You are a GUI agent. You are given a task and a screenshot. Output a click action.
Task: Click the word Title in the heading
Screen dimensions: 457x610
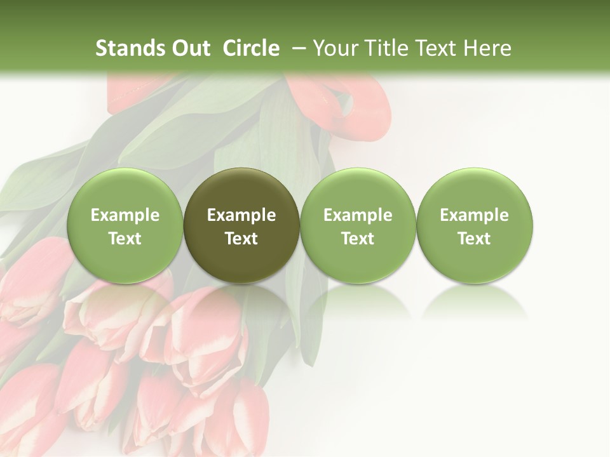tap(383, 48)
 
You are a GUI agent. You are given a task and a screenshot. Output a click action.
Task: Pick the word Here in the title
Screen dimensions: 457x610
tap(488, 48)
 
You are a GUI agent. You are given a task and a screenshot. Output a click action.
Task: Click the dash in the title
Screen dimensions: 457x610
tap(299, 48)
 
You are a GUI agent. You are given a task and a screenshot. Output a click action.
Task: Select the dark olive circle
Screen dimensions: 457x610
tap(241, 226)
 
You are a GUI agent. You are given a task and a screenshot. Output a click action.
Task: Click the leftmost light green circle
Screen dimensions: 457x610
tap(125, 226)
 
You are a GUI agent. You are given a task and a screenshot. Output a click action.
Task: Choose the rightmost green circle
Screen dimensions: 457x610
tap(475, 226)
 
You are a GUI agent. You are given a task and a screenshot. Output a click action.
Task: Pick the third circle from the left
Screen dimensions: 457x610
tap(358, 226)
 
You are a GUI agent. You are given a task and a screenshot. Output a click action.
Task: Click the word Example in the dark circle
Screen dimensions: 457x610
tap(241, 215)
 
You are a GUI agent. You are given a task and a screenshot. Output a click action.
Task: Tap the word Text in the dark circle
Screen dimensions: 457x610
tap(241, 239)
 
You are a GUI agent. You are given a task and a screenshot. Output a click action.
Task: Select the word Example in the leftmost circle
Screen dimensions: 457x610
tap(125, 215)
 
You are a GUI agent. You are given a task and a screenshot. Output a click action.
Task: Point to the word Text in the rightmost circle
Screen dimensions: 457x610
tap(475, 239)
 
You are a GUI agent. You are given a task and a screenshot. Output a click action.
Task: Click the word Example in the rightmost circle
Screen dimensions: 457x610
tap(475, 215)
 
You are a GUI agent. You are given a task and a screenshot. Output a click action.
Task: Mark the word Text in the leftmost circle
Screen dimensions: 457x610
tap(125, 239)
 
